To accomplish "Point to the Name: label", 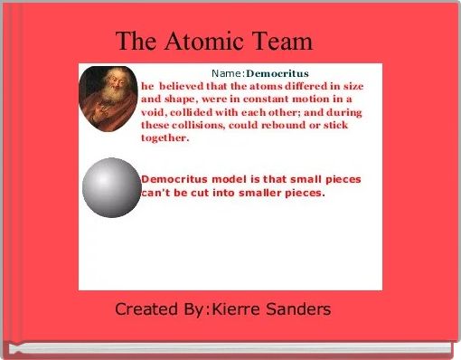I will (x=229, y=71).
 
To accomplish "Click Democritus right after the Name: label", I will (x=278, y=71).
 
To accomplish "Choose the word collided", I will (x=201, y=111).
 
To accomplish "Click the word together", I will (x=165, y=138).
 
